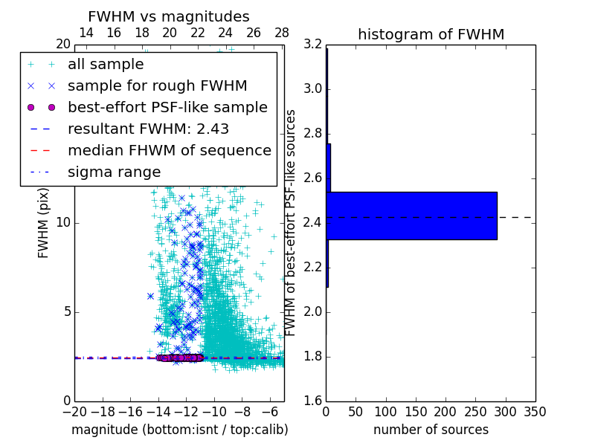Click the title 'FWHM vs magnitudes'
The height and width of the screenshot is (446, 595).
(168, 16)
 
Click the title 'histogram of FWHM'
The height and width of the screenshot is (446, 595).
(431, 34)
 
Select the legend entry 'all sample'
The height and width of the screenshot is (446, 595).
(106, 65)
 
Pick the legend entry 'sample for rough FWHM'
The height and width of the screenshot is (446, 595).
(157, 85)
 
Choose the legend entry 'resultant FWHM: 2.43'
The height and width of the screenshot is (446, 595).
(148, 129)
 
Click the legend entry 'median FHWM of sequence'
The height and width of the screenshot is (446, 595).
(169, 150)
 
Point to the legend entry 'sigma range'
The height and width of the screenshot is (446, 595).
(114, 172)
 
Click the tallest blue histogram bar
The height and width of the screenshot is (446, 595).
(411, 216)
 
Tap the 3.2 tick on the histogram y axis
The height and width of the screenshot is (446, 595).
(312, 45)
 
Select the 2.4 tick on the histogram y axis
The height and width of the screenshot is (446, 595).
(312, 223)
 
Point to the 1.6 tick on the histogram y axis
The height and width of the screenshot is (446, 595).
(312, 401)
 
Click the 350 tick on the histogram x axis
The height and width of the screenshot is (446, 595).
(535, 412)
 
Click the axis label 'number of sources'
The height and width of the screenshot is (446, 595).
(431, 430)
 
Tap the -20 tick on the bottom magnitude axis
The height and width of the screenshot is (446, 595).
(74, 412)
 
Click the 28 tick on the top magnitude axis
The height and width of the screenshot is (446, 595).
(282, 33)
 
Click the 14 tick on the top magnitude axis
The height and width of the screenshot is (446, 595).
(86, 33)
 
